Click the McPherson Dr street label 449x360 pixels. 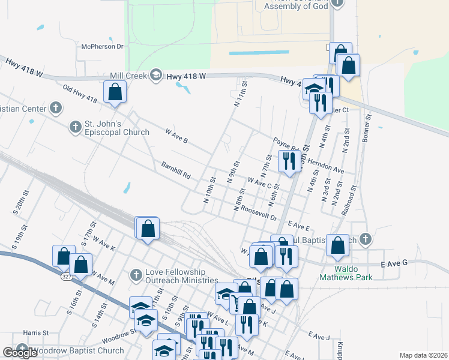coord(102,46)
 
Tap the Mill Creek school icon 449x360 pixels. coord(156,74)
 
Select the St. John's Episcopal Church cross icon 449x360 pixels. coord(75,127)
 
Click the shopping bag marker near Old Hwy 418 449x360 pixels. coord(115,93)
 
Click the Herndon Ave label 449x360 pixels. coord(326,166)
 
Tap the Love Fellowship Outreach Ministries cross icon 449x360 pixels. coord(136,275)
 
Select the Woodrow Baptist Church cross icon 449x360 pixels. coord(22,350)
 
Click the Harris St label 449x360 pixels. coord(36,332)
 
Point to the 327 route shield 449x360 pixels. coord(66,277)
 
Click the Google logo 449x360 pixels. coord(20,353)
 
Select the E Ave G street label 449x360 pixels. coord(394,263)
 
